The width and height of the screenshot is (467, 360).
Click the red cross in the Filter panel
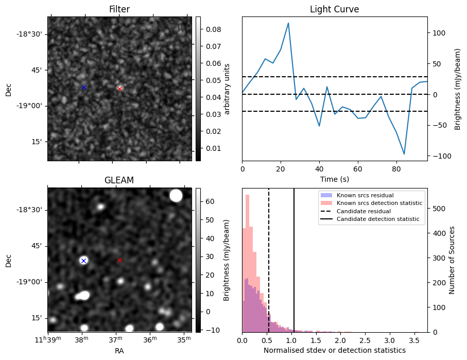click(119, 89)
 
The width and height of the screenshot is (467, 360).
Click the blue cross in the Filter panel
click(84, 88)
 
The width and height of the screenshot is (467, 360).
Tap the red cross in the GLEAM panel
click(119, 261)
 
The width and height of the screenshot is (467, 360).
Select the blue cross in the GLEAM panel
click(83, 261)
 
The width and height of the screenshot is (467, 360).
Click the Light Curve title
click(334, 9)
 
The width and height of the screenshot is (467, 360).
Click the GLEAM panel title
click(119, 180)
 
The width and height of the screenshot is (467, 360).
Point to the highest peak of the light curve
click(288, 23)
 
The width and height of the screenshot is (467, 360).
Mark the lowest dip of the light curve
click(404, 154)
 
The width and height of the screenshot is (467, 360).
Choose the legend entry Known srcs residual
click(365, 195)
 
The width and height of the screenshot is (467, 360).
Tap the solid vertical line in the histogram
click(294, 258)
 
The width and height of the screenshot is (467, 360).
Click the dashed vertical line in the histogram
click(269, 258)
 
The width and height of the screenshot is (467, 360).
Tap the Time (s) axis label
click(334, 178)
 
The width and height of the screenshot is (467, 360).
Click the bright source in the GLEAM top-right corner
click(176, 196)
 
